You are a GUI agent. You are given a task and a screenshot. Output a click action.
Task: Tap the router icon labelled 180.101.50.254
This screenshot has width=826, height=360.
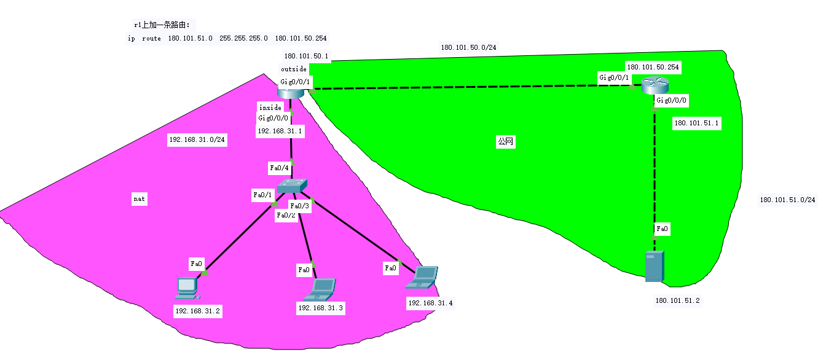pyautogui.click(x=653, y=87)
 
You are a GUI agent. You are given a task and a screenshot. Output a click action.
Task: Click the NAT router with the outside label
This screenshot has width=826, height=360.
pyautogui.click(x=291, y=93)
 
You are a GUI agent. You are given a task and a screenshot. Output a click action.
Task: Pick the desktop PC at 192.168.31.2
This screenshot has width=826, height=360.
pyautogui.click(x=186, y=287)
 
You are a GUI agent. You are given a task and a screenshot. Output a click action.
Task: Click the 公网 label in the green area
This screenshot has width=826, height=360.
pyautogui.click(x=505, y=142)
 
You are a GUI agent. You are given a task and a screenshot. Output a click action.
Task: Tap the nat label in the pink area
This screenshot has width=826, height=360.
pyautogui.click(x=140, y=199)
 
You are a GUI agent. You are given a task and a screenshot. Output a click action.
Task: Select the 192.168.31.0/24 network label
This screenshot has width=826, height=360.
pyautogui.click(x=197, y=140)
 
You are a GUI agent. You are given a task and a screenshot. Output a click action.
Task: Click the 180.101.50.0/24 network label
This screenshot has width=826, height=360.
pyautogui.click(x=468, y=47)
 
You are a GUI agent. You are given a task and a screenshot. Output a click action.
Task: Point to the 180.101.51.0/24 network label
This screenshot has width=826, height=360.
pyautogui.click(x=788, y=200)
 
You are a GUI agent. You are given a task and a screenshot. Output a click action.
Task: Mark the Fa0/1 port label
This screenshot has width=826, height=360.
pyautogui.click(x=262, y=195)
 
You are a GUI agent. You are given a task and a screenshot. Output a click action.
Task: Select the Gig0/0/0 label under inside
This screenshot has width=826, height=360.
pyautogui.click(x=273, y=118)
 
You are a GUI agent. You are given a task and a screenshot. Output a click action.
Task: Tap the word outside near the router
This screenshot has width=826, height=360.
pyautogui.click(x=294, y=69)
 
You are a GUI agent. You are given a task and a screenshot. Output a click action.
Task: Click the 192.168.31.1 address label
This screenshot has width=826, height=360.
pyautogui.click(x=280, y=131)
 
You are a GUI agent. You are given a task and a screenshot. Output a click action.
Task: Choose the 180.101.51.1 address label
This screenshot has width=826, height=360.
pyautogui.click(x=696, y=123)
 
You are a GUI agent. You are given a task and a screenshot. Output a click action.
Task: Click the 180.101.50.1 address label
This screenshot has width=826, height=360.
pyautogui.click(x=307, y=56)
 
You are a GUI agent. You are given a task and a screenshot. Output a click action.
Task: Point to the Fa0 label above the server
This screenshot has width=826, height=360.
pyautogui.click(x=662, y=229)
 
